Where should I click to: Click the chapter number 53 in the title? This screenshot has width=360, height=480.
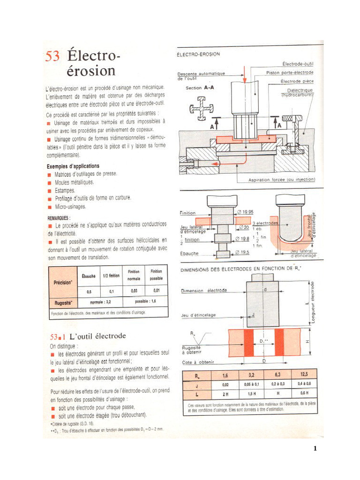(x=52, y=56)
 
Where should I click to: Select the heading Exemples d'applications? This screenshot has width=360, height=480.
(x=73, y=166)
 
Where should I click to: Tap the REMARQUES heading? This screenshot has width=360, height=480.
(x=59, y=218)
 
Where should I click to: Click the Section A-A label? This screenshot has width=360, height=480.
(x=200, y=88)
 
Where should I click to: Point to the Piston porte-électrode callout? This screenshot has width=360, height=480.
(x=290, y=73)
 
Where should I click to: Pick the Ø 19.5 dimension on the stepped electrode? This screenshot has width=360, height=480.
(x=242, y=253)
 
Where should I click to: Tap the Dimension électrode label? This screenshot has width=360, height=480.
(x=204, y=291)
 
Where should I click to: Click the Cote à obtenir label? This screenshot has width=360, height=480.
(x=198, y=362)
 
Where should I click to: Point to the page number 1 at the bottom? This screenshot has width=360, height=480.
(x=315, y=449)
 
